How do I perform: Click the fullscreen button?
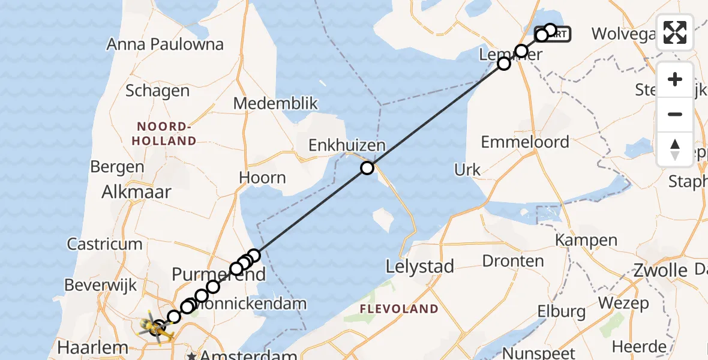(675, 32)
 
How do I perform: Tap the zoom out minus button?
(675, 114)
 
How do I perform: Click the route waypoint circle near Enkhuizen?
(367, 168)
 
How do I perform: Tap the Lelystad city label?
(420, 266)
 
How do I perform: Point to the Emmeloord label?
(525, 142)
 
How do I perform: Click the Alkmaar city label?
(137, 192)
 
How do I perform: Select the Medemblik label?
(275, 103)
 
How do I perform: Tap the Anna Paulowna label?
(165, 44)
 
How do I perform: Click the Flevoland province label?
(399, 309)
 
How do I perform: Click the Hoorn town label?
(262, 178)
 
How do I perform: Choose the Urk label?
(467, 170)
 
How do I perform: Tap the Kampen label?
(586, 241)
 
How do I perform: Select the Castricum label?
(104, 244)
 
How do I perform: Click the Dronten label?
(513, 261)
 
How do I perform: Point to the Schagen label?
(157, 91)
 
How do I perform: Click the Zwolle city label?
(660, 271)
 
